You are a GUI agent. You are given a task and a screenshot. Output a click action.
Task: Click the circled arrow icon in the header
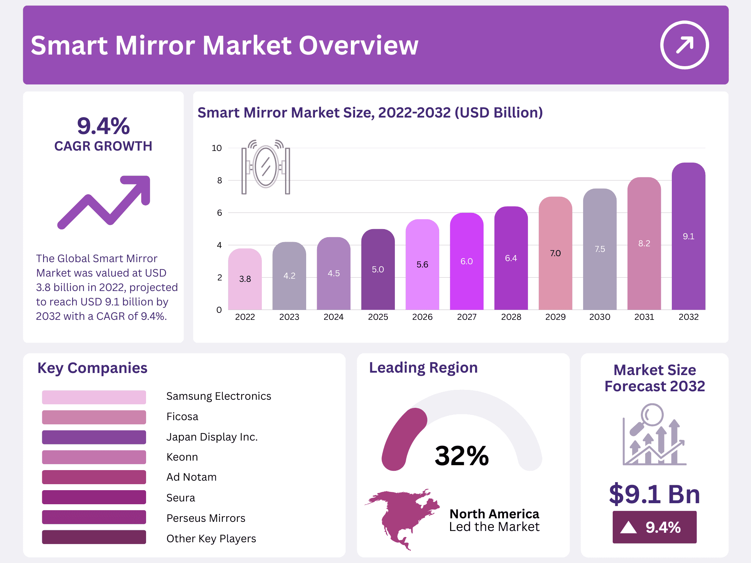tap(684, 45)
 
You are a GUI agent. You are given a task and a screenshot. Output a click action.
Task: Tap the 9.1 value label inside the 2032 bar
tap(688, 236)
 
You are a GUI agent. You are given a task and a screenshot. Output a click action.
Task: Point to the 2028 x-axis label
tap(511, 317)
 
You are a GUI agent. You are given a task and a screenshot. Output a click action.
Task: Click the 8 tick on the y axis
tap(220, 181)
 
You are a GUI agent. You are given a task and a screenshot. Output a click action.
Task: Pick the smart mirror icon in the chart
tap(266, 167)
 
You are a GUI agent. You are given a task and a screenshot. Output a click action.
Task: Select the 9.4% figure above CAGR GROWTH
tap(103, 126)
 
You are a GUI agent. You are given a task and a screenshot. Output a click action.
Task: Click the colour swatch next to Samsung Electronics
tap(94, 397)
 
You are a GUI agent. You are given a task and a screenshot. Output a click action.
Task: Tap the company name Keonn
tap(182, 457)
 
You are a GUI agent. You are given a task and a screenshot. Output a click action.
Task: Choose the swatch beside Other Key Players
tap(94, 537)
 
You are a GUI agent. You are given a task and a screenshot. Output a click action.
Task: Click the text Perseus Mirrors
tap(206, 518)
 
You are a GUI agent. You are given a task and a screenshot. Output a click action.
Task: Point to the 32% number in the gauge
tap(462, 456)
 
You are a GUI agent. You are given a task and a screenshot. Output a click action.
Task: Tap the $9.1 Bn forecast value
tap(655, 494)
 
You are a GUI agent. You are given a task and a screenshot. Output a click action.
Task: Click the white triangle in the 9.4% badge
tap(629, 527)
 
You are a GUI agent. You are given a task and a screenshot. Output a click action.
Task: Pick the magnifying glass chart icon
tap(654, 435)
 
